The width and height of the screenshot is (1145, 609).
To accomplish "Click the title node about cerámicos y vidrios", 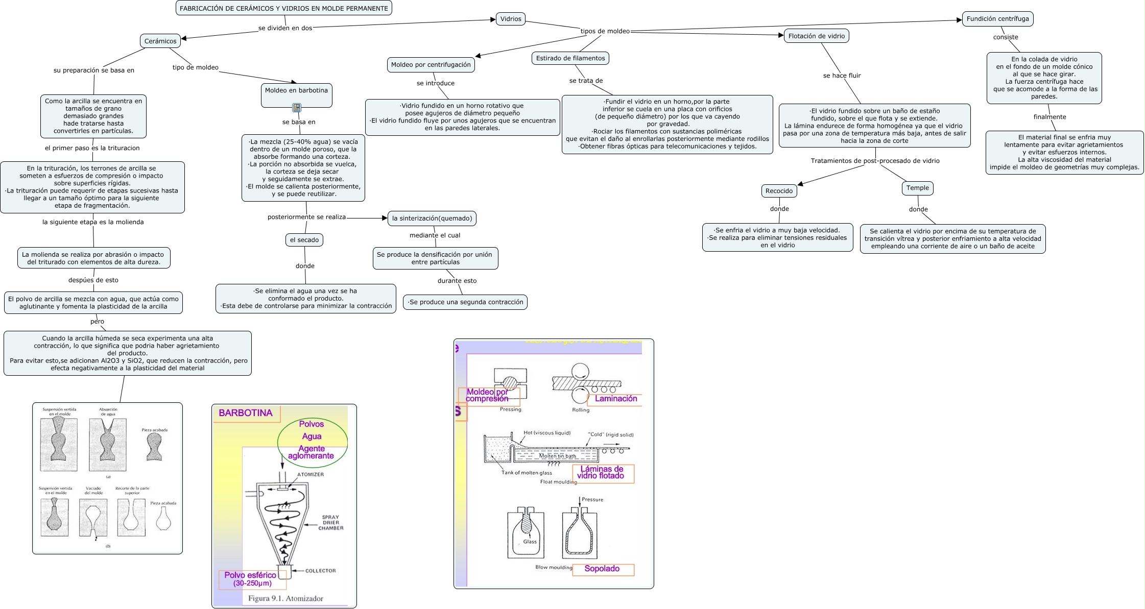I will point(283,8).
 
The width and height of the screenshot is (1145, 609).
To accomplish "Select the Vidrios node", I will point(510,19).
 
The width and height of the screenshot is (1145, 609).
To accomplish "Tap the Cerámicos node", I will point(160,41).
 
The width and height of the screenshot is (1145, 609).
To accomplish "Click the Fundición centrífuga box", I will point(997,19).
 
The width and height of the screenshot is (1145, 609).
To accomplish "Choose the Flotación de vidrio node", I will point(816,36).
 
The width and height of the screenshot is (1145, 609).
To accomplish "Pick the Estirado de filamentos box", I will point(570,58).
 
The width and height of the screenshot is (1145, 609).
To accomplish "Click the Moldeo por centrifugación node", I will point(431,65).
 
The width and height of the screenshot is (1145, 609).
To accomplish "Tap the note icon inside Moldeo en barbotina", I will point(297,108).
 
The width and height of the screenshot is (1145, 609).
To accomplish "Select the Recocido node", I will point(779,191).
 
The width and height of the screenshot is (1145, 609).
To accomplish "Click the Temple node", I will point(917,188).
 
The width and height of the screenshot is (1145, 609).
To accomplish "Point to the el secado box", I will point(304,240).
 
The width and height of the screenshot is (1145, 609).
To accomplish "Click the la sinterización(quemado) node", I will point(432,218).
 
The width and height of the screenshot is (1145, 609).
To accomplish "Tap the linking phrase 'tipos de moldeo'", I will point(605,31).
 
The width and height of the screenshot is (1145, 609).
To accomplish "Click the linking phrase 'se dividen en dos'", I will point(285,28).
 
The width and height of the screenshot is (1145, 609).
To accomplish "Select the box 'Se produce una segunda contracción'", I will point(465,302).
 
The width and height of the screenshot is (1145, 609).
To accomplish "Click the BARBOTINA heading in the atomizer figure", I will point(246,413).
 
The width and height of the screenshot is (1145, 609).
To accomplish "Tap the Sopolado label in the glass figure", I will point(602,569).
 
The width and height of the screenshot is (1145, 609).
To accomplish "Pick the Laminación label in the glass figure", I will point(616,399).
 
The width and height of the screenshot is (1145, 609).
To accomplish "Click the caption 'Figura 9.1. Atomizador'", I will point(285,598).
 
